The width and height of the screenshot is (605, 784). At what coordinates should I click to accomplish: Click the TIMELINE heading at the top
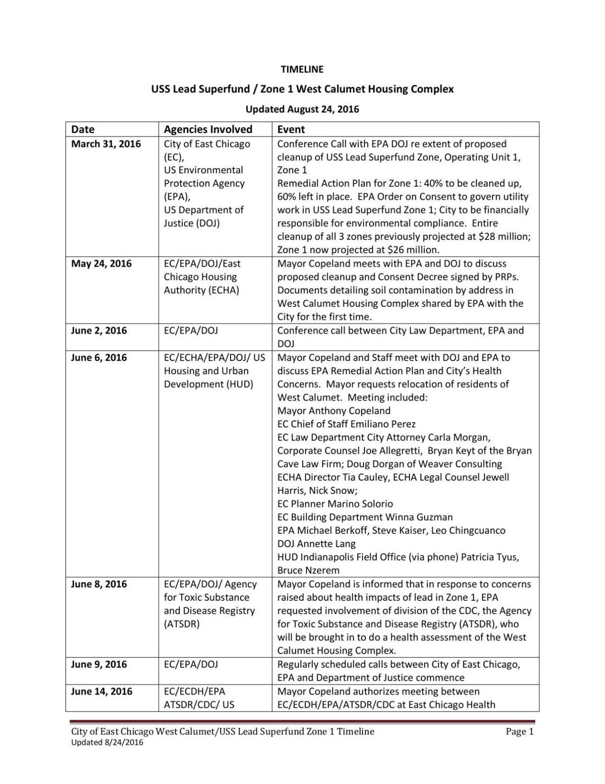(x=302, y=70)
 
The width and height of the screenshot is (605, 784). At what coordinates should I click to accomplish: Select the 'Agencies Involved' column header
(x=208, y=130)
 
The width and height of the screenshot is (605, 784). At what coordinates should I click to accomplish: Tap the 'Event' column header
(x=291, y=130)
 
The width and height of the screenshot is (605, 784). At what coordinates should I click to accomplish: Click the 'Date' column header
(x=83, y=130)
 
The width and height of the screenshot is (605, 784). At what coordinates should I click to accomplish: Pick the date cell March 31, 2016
(x=106, y=144)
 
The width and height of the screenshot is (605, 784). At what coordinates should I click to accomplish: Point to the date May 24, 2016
(x=101, y=264)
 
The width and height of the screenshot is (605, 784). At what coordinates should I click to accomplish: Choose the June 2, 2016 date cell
(x=99, y=331)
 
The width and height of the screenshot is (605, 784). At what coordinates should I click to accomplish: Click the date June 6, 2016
(x=99, y=358)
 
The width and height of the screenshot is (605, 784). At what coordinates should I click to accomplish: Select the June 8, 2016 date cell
(x=99, y=584)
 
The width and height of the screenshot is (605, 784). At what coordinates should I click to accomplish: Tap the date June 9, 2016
(x=99, y=664)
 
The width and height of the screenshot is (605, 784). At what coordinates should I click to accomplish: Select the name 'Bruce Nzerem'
(x=308, y=571)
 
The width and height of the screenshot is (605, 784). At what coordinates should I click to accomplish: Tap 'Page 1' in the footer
(x=519, y=732)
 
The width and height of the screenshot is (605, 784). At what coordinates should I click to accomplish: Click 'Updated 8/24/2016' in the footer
(x=107, y=742)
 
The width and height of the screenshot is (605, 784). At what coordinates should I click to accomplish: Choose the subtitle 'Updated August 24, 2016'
(x=302, y=109)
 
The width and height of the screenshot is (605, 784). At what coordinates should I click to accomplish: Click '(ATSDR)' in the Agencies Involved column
(x=181, y=624)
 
